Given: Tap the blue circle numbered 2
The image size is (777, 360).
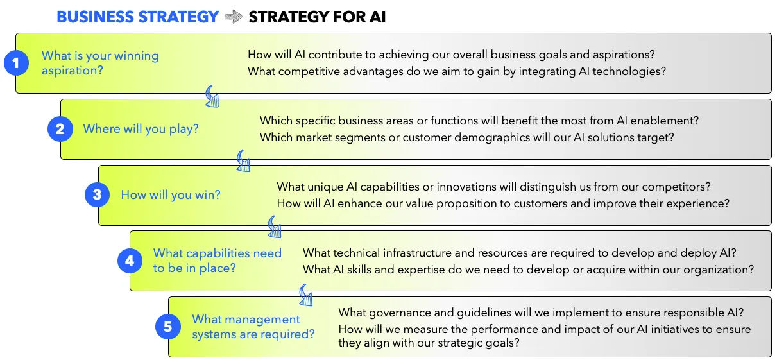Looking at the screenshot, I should [60, 129].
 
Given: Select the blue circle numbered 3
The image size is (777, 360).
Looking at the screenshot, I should [97, 195].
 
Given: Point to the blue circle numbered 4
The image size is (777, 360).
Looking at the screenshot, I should [130, 261].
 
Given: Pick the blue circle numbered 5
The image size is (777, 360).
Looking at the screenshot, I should [167, 327].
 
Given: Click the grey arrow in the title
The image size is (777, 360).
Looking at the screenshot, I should [234, 17].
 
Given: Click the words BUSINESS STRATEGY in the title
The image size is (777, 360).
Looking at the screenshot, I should [138, 17].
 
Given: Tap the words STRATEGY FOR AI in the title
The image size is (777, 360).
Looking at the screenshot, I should [317, 17].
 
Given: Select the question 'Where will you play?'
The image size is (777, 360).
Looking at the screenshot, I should [141, 129].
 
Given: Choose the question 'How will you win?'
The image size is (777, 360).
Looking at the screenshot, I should [171, 195].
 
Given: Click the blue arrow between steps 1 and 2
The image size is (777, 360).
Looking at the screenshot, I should [212, 96].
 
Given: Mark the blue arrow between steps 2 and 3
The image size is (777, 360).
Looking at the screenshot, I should [243, 161].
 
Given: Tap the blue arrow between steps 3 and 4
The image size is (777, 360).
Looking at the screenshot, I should [275, 227].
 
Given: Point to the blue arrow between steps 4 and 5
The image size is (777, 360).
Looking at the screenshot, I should [306, 295].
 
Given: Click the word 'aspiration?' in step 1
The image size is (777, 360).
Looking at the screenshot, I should [72, 71].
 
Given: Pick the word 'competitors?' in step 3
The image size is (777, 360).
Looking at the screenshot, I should [674, 187].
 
